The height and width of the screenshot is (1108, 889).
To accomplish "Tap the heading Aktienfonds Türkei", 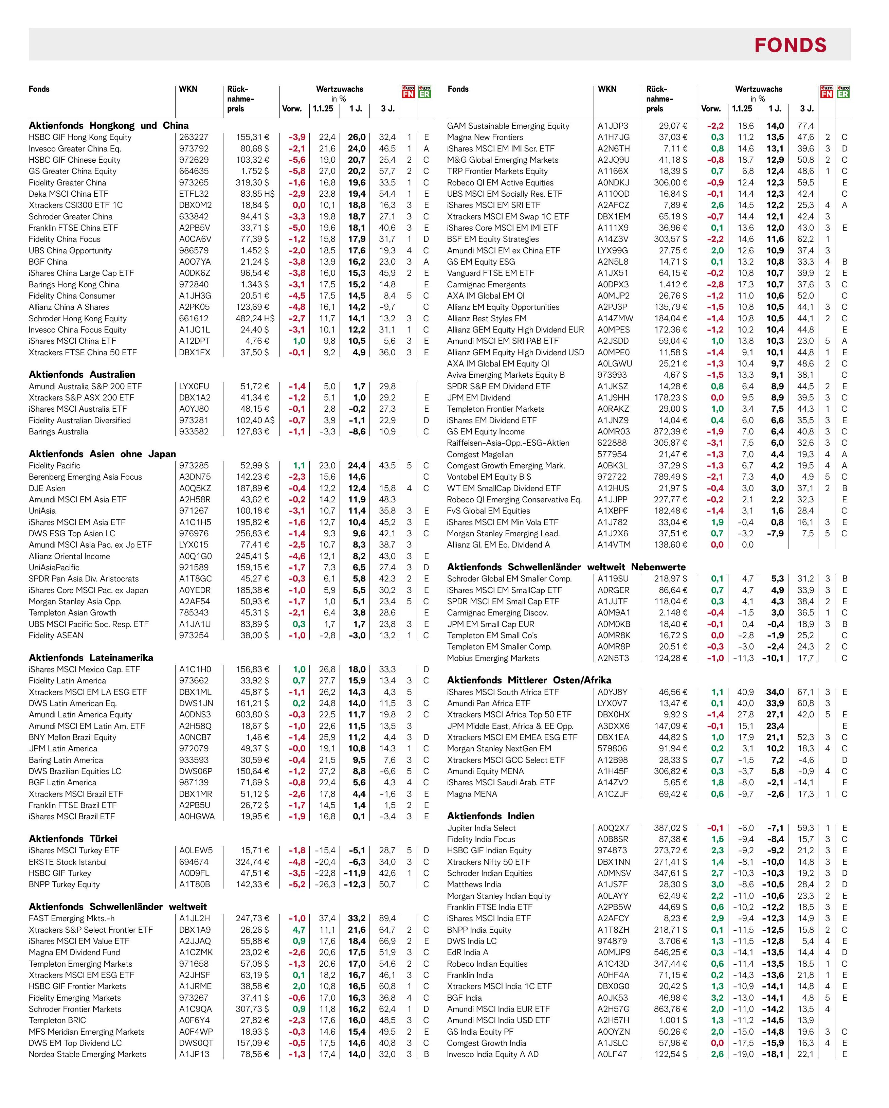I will (x=73, y=838).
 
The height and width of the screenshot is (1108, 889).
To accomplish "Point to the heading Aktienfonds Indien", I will (x=490, y=816).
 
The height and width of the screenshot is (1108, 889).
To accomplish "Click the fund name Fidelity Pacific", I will (x=54, y=466).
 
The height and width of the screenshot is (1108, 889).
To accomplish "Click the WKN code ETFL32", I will (x=194, y=194).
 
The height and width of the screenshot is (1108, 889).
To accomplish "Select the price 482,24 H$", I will (x=255, y=319).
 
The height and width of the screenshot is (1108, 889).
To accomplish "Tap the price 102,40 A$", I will (x=255, y=421).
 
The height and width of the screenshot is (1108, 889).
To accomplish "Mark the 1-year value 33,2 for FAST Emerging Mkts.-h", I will (x=356, y=918).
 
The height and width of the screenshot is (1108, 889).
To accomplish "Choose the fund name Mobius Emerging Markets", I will (x=493, y=658).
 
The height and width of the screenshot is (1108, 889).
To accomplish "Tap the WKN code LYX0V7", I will (x=613, y=703).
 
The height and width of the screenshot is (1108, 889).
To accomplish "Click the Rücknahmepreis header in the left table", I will (x=240, y=99).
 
